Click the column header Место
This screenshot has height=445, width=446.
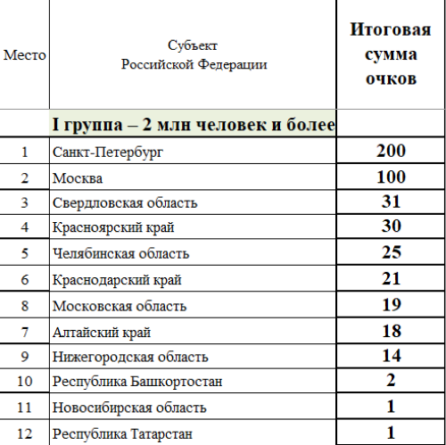(24, 54)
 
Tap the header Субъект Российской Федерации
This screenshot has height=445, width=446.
(192, 54)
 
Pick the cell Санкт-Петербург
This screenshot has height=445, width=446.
(108, 152)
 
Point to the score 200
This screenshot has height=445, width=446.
(390, 151)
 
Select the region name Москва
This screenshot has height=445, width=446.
(78, 177)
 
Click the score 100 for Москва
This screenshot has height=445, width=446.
(390, 177)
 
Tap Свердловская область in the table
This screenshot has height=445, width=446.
(125, 203)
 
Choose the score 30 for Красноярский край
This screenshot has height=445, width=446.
(390, 228)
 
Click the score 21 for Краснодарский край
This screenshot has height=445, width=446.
(390, 280)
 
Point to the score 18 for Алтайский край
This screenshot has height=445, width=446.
(390, 332)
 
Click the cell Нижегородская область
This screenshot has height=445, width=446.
(130, 358)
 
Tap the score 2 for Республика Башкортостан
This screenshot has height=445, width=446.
(390, 382)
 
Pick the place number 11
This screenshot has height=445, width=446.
(24, 408)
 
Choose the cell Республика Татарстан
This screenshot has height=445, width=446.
(120, 434)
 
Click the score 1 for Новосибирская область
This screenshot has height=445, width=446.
(390, 408)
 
